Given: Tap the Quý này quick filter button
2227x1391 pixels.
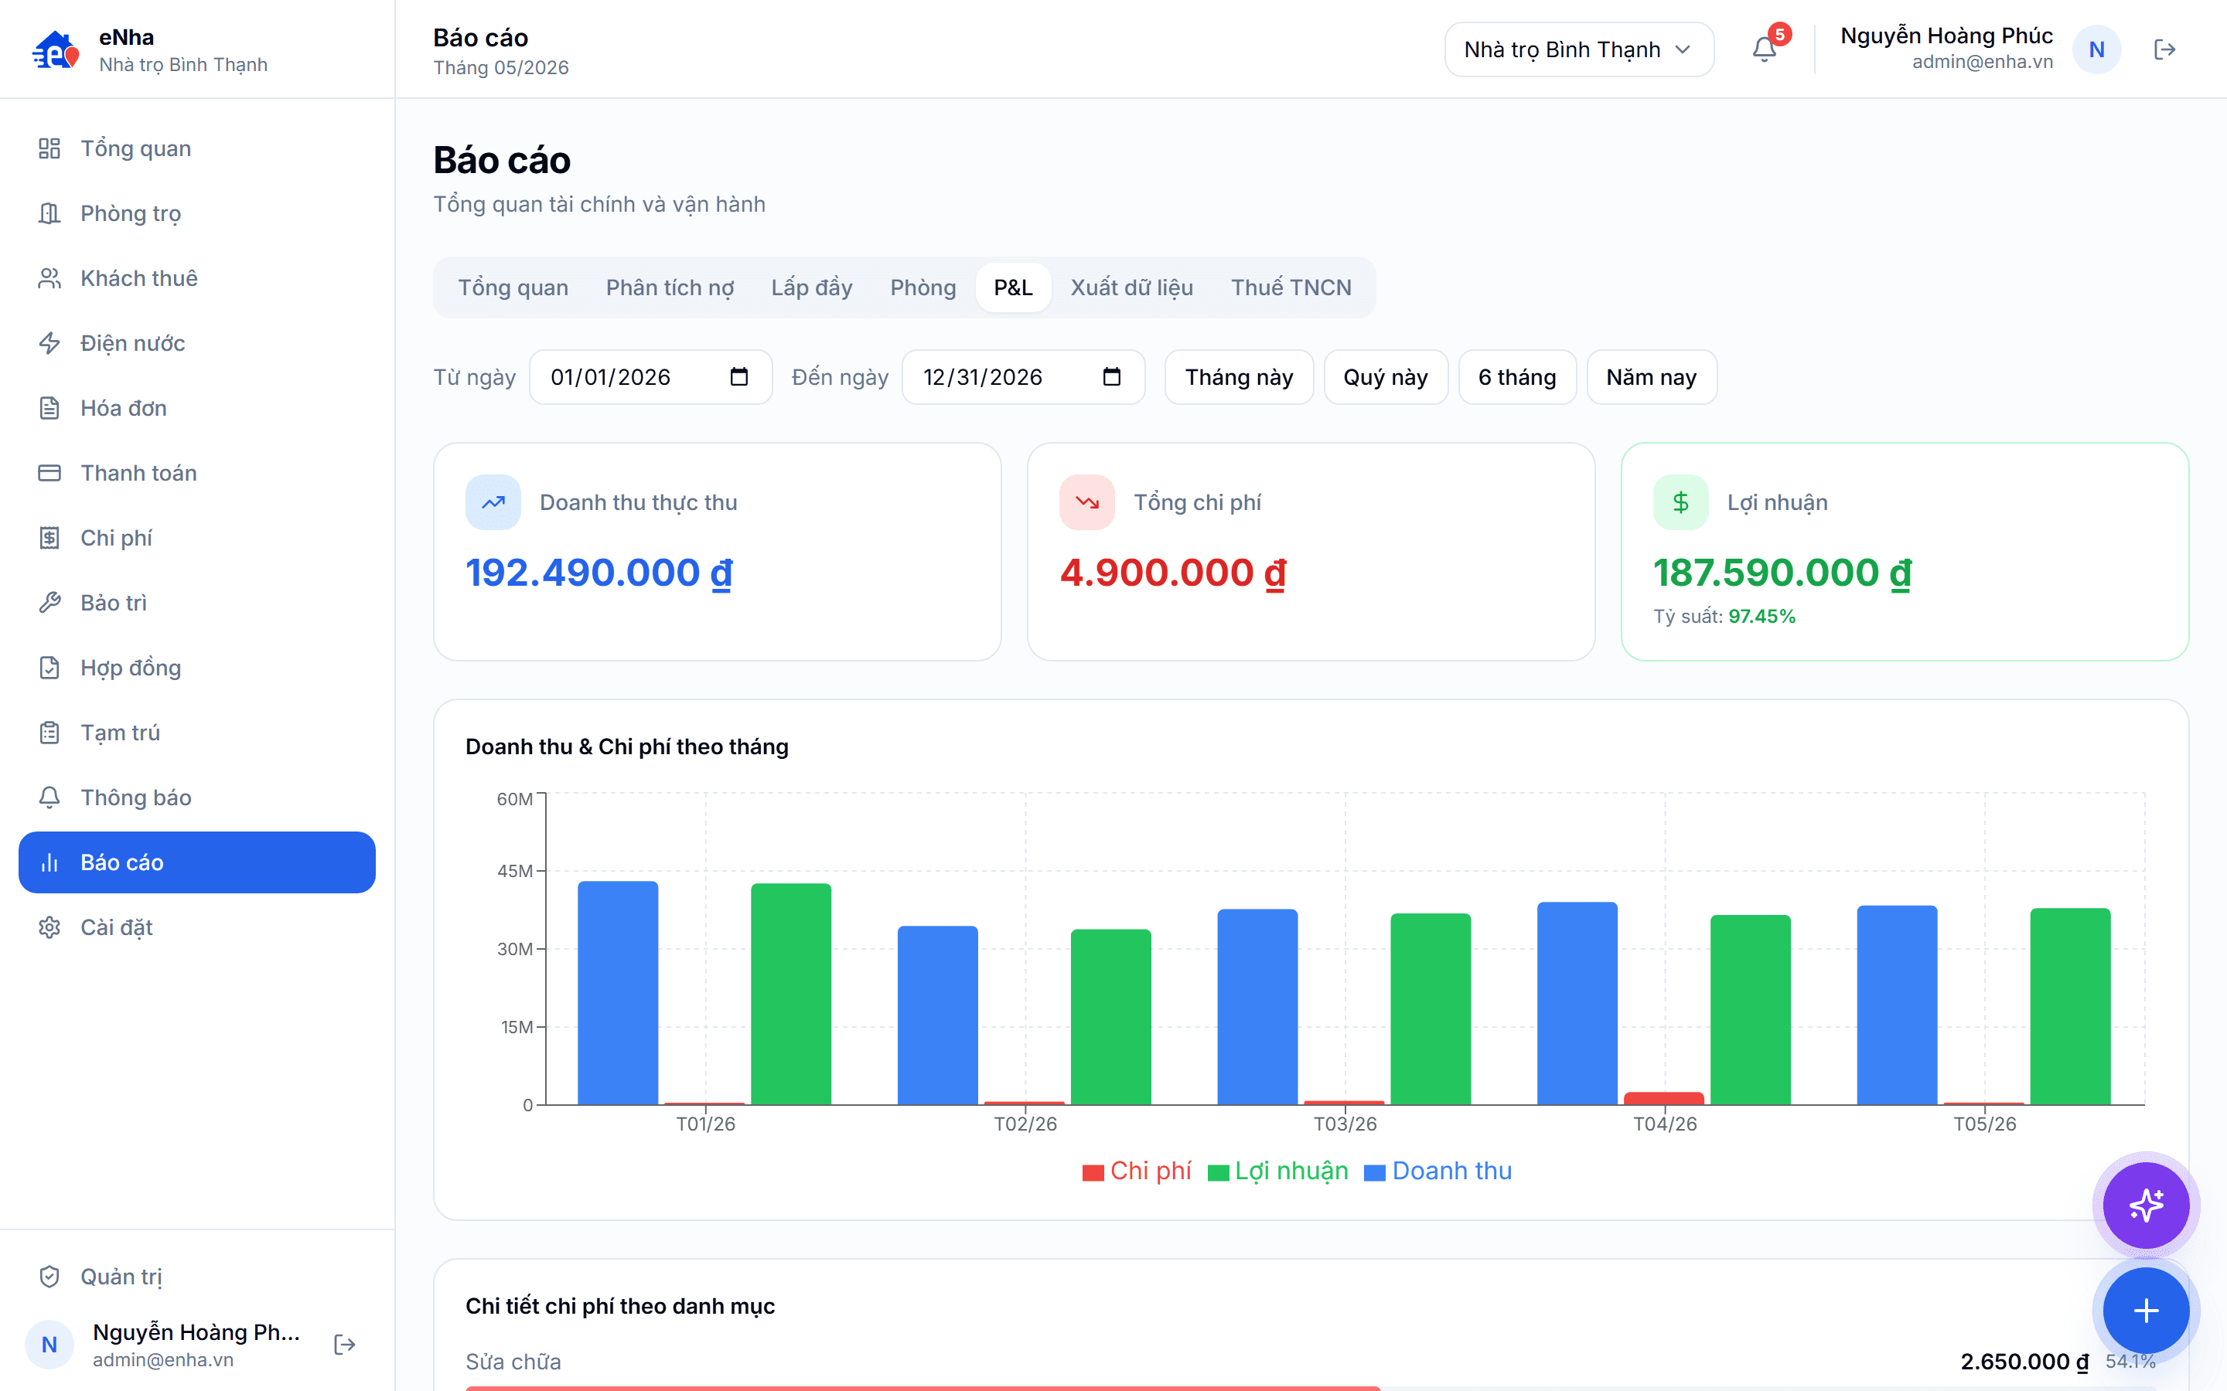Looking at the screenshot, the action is pyautogui.click(x=1385, y=377).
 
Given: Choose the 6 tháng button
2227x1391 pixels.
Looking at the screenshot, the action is pyautogui.click(x=1516, y=377).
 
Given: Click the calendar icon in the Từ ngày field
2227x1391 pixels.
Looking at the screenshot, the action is pyautogui.click(x=739, y=376).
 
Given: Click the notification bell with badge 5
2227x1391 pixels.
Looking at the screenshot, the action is pyautogui.click(x=1764, y=49).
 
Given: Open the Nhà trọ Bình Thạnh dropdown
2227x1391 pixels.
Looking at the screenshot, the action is pyautogui.click(x=1578, y=49).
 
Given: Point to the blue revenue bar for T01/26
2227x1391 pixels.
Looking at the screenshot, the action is pyautogui.click(x=618, y=993).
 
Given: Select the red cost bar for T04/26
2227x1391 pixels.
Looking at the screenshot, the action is pyautogui.click(x=1664, y=1098).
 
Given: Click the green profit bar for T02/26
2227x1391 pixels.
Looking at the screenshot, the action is pyautogui.click(x=1110, y=1016).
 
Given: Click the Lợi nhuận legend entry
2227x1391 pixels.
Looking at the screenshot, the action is pyautogui.click(x=1278, y=1171).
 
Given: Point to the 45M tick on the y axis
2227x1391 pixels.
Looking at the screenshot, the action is pyautogui.click(x=515, y=870).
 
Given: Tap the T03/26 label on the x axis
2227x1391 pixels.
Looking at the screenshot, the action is pyautogui.click(x=1345, y=1124).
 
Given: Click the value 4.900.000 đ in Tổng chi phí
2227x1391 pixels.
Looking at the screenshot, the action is pyautogui.click(x=1172, y=573).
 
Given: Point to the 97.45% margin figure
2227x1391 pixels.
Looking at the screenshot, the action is pyautogui.click(x=1761, y=617).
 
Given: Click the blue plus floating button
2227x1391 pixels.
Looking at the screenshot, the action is pyautogui.click(x=2146, y=1310).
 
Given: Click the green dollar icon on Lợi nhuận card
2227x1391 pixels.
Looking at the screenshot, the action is pyautogui.click(x=1680, y=502).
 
